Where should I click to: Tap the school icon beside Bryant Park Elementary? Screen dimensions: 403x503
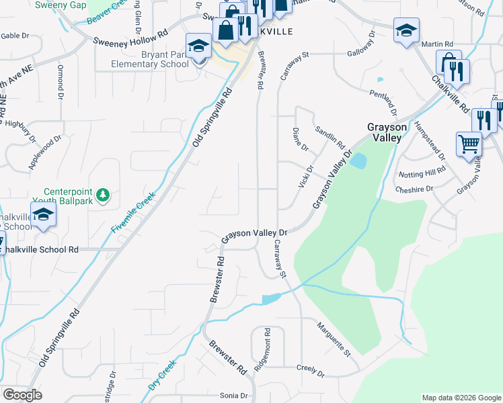(x=198, y=46)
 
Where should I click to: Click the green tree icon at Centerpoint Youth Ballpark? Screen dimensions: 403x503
(x=103, y=195)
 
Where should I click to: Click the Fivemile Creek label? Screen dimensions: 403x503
(x=133, y=213)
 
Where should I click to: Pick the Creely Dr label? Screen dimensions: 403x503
(x=311, y=371)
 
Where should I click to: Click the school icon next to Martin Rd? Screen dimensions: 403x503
(x=406, y=31)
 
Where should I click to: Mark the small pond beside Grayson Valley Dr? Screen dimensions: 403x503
(x=358, y=161)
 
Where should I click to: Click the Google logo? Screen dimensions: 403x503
(x=22, y=395)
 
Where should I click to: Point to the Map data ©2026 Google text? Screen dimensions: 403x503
(x=461, y=398)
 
